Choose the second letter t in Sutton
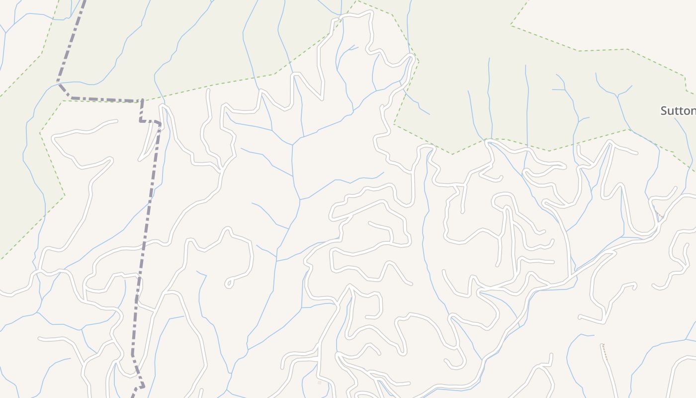click(x=681, y=111)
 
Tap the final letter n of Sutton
click(x=693, y=111)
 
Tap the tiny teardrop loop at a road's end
click(x=229, y=284)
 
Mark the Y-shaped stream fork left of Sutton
click(x=616, y=95)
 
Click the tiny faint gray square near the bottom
click(x=320, y=383)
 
